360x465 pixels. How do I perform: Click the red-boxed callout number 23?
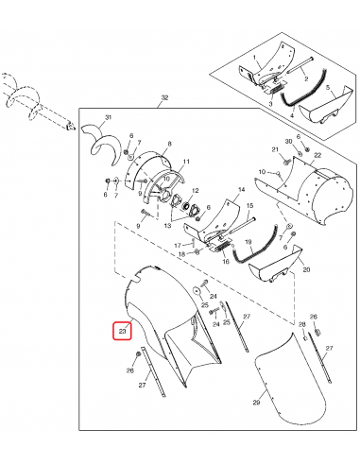(x=122, y=330)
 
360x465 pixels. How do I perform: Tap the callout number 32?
(x=164, y=98)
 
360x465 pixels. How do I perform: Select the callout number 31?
(x=108, y=116)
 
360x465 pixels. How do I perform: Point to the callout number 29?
(x=255, y=404)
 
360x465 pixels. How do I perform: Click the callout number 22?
(x=317, y=155)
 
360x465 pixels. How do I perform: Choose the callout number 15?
(x=250, y=205)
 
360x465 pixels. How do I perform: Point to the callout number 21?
(x=276, y=150)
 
